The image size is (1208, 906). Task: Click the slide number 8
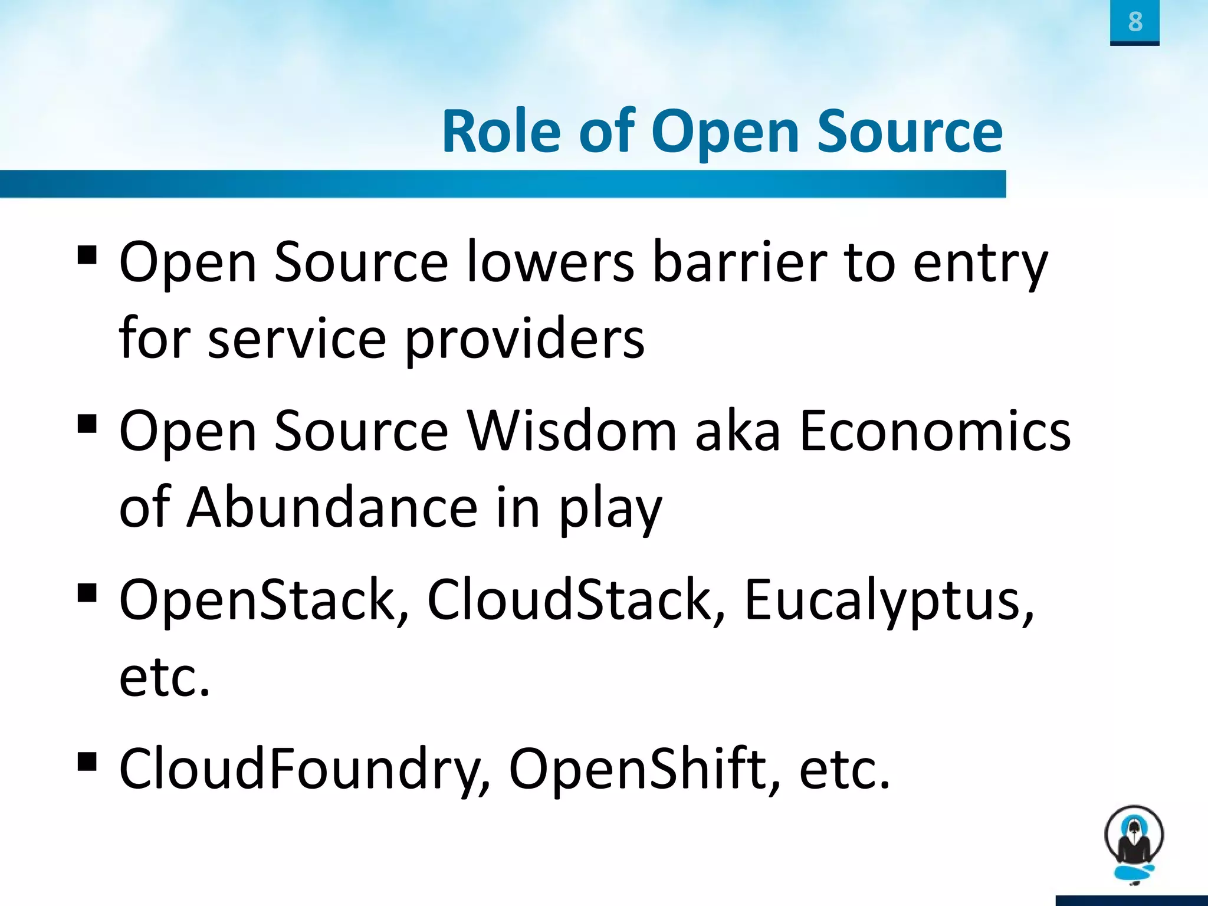click(x=1135, y=22)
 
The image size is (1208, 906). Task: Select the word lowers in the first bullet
click(x=550, y=262)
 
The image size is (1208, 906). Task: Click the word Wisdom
click(x=572, y=431)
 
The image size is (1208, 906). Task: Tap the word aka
click(x=738, y=431)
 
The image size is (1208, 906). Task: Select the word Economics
click(x=935, y=431)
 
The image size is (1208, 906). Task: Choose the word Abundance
click(x=332, y=507)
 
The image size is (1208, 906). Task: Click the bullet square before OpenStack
click(x=87, y=592)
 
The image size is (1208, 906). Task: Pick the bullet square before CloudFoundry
click(x=87, y=761)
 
